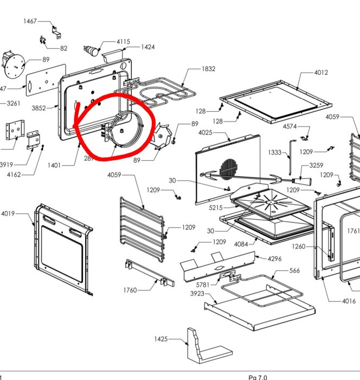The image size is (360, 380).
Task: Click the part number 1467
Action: pos(30,21)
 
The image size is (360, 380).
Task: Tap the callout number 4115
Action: pos(123,41)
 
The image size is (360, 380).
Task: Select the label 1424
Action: pos(147,47)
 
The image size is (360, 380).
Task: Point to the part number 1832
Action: pos(208,69)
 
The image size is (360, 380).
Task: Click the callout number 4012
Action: pos(321,73)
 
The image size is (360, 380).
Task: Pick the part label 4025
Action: pos(205,132)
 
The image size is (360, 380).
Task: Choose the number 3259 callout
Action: pos(316,165)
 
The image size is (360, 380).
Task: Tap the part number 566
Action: pos(294,271)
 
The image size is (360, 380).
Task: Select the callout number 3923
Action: pos(197,294)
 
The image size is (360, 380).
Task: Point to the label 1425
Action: pos(160,339)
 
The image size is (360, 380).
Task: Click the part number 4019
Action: pos(8,213)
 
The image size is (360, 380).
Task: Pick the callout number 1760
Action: pos(130,290)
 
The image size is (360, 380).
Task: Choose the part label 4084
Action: pos(241,244)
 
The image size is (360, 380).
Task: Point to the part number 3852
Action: pos(38,108)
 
